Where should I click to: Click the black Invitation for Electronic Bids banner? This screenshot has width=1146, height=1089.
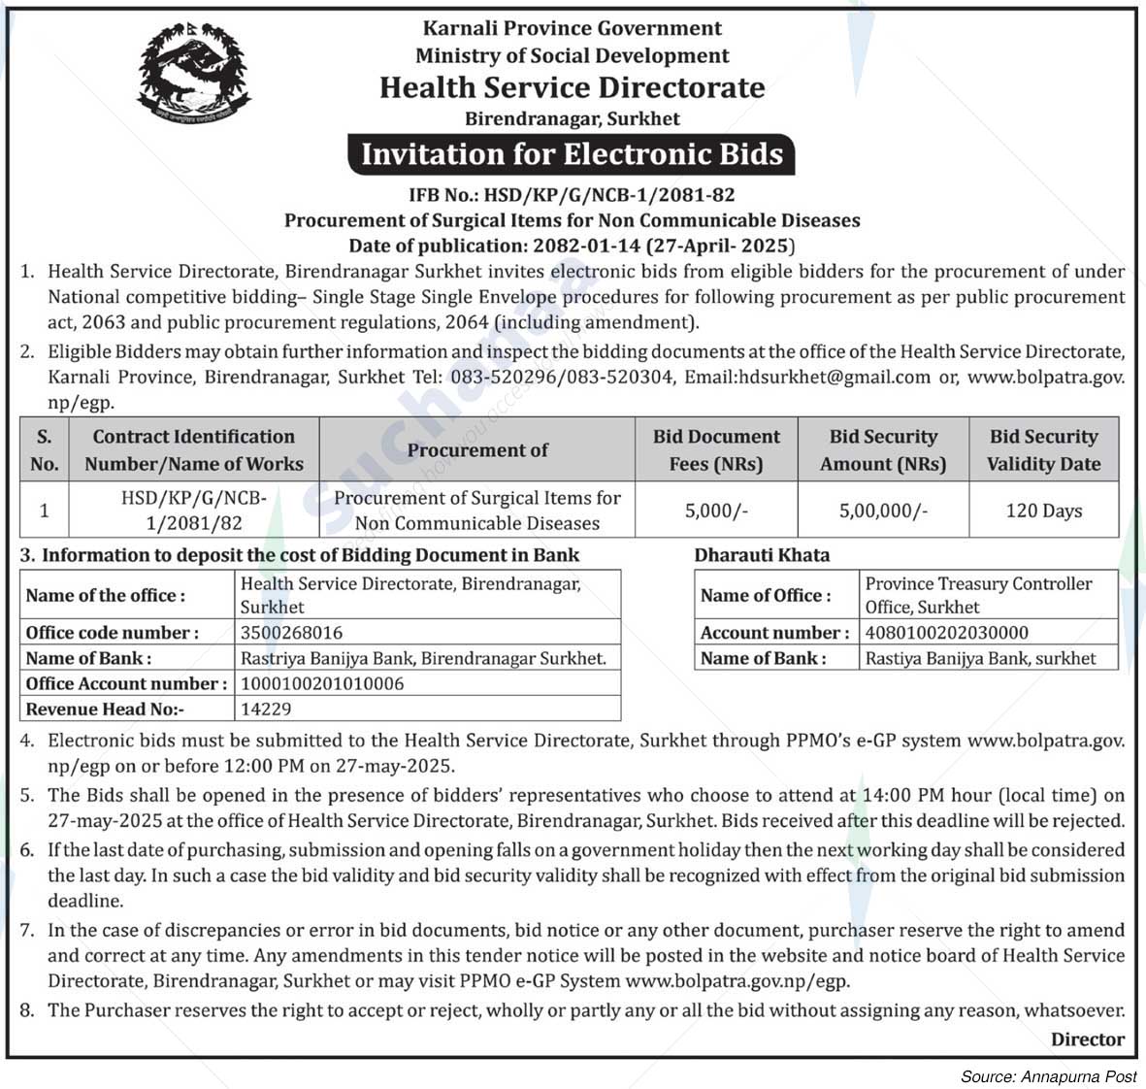[x=572, y=154]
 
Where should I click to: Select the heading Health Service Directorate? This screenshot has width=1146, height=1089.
[x=572, y=87]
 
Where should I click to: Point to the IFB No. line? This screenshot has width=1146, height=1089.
[x=572, y=194]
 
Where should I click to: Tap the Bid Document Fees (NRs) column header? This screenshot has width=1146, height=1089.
[x=716, y=449]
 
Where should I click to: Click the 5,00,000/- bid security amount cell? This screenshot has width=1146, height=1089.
[x=883, y=511]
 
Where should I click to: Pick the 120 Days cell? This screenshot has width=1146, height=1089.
[x=1043, y=511]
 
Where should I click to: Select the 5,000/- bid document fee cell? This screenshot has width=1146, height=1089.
[x=716, y=511]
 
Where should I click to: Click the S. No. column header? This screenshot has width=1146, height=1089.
[x=45, y=449]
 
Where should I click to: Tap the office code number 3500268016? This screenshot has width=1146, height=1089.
[x=291, y=633]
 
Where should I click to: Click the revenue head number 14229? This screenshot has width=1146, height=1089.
[x=266, y=709]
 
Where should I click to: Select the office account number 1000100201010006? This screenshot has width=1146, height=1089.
[x=321, y=683]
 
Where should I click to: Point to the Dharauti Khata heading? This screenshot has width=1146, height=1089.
[x=762, y=555]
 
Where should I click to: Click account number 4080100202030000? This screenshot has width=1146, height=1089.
[x=946, y=633]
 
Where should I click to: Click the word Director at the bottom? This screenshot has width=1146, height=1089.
[x=1087, y=1039]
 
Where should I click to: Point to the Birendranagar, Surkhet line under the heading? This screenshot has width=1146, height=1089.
[x=572, y=119]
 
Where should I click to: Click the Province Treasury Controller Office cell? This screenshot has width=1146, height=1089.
[x=978, y=595]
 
